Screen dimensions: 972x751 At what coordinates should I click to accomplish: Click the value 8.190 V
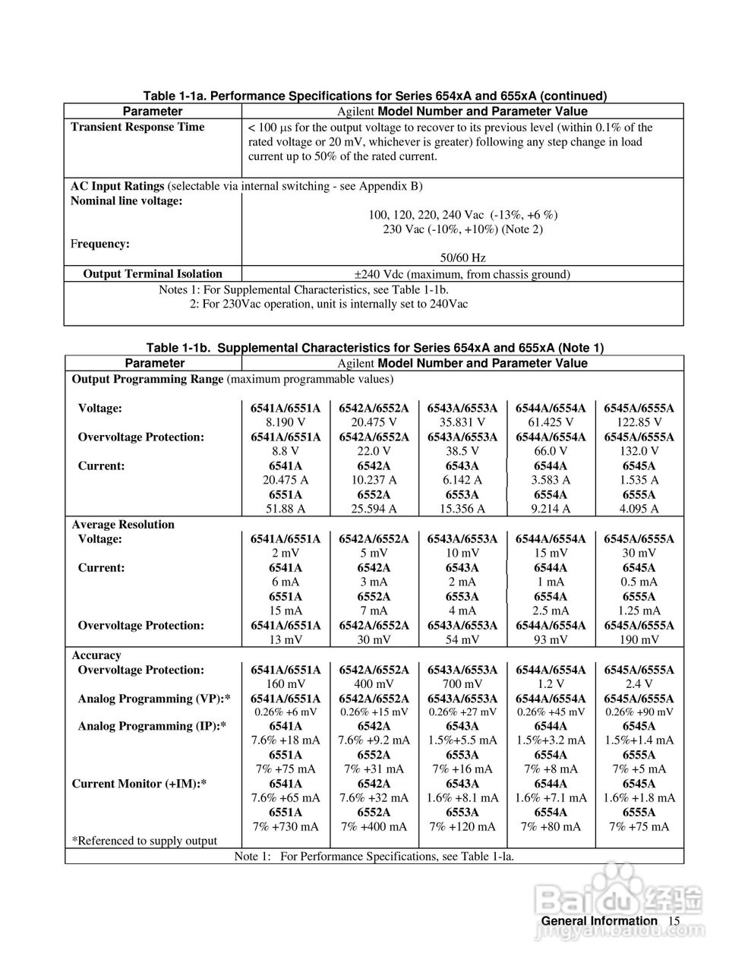(286, 422)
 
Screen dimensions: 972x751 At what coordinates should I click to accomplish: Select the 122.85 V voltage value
(639, 422)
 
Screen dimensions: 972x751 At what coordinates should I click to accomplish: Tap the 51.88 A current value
(286, 509)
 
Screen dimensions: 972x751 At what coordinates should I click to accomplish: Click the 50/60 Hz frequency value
(462, 258)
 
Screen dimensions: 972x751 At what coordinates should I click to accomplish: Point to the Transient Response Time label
(137, 127)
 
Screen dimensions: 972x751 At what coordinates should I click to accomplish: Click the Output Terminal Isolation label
(153, 274)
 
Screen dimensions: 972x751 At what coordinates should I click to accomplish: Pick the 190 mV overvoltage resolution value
(639, 640)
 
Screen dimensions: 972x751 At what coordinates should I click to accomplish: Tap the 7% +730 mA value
(286, 826)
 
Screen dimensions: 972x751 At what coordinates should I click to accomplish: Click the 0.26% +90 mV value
(639, 712)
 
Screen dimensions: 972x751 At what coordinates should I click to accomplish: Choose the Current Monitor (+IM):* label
(140, 784)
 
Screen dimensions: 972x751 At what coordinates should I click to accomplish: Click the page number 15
(674, 921)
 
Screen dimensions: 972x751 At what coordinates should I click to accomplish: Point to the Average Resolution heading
(123, 525)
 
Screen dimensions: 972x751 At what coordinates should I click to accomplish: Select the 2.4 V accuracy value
(639, 684)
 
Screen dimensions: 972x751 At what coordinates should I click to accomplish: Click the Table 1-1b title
(374, 348)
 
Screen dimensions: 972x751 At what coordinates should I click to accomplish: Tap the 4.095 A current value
(639, 509)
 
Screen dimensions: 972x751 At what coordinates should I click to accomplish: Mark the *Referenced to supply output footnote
(144, 841)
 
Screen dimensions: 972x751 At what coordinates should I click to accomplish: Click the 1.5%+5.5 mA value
(462, 740)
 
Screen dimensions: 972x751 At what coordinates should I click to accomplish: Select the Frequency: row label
(100, 244)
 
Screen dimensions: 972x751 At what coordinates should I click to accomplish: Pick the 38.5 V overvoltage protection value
(462, 451)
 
